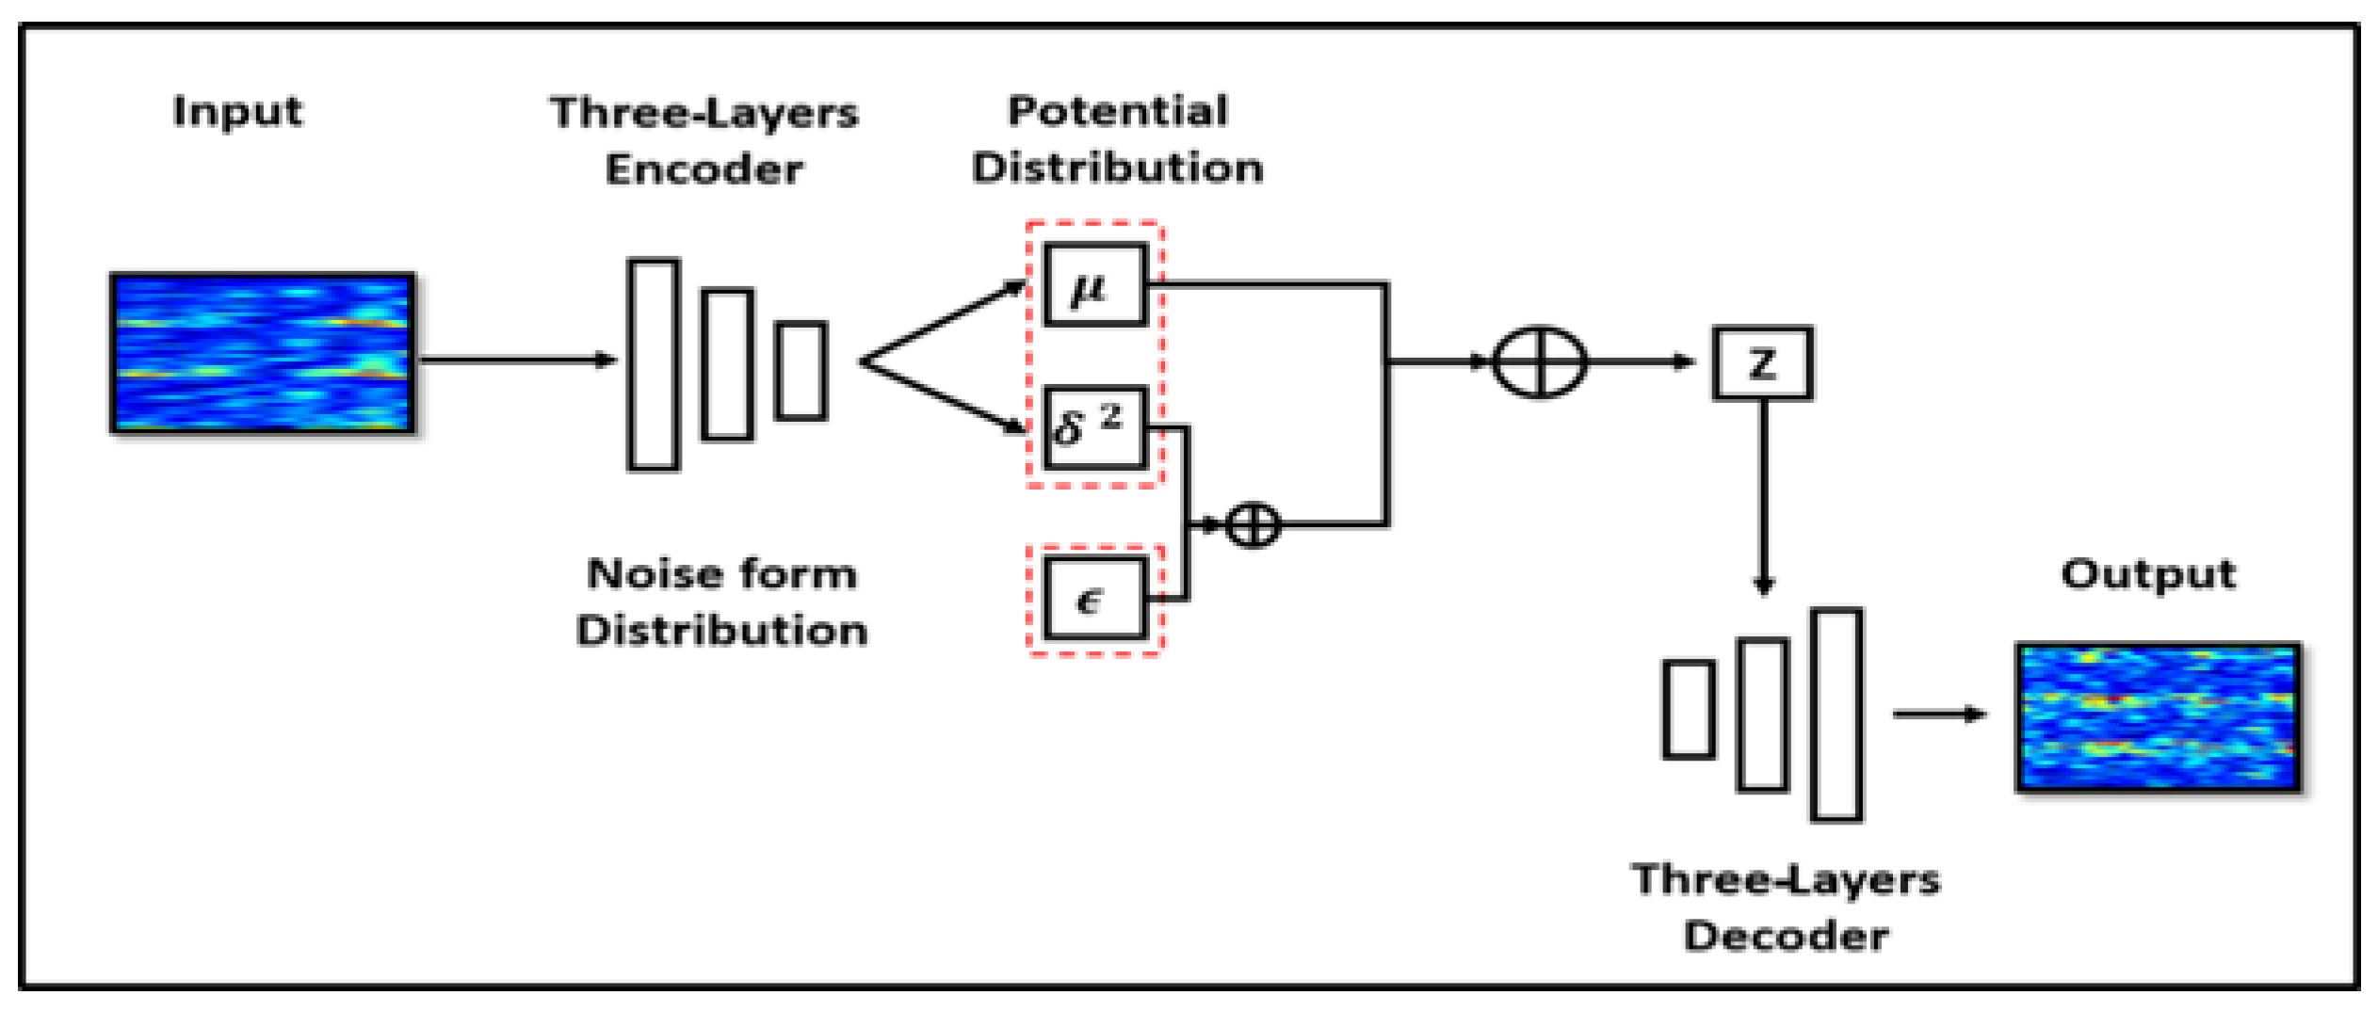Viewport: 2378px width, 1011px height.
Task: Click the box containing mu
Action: (x=1095, y=285)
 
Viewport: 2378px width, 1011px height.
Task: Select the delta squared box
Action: (x=1095, y=427)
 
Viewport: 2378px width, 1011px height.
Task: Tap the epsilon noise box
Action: (x=1095, y=599)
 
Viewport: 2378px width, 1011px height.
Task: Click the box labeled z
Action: (x=1761, y=363)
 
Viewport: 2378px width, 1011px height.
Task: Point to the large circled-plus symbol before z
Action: (x=1540, y=361)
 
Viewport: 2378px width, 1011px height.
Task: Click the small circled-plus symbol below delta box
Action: (x=1253, y=524)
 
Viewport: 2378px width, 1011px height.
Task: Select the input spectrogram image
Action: (x=263, y=354)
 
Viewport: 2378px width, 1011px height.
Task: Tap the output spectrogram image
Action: (x=2158, y=717)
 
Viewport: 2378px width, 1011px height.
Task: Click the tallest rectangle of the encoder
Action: (x=654, y=364)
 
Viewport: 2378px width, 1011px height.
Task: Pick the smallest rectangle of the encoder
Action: (x=801, y=371)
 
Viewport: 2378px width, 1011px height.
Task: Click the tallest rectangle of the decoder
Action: (x=1836, y=715)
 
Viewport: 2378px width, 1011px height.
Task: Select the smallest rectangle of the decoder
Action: (x=1689, y=710)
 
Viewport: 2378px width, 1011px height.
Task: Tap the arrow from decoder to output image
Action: (x=1938, y=714)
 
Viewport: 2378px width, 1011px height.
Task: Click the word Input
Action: (x=237, y=112)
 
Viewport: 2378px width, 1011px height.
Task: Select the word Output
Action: (x=2147, y=574)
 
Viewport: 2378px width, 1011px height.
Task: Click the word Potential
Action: (x=1118, y=111)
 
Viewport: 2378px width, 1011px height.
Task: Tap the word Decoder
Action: (x=1786, y=936)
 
